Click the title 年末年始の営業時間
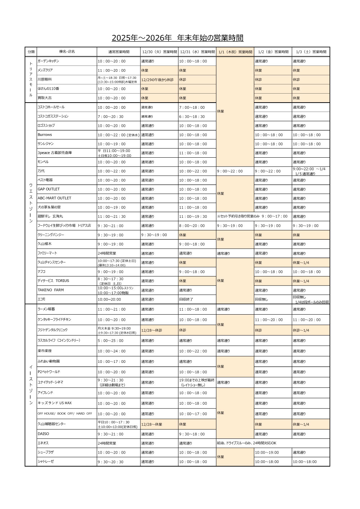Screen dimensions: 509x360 pos(211,38)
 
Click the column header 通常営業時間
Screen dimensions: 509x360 pos(119,52)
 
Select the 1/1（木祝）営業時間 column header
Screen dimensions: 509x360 pos(235,52)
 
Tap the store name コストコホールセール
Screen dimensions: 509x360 pos(51,107)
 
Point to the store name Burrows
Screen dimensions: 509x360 pos(45,135)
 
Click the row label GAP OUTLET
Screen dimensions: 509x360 pos(49,189)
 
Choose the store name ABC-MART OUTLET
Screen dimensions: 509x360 pos(54,198)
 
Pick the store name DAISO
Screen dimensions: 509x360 pos(44,434)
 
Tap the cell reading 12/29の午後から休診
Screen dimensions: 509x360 pos(158,80)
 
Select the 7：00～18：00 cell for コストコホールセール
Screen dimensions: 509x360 pos(192,108)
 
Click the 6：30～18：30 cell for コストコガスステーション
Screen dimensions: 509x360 pos(192,117)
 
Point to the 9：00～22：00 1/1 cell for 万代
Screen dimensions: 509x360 pos(230,171)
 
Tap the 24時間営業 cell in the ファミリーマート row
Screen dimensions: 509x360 pos(107,253)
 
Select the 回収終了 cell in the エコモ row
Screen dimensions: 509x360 pos(186,299)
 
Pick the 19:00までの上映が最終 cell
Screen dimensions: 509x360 pos(197,380)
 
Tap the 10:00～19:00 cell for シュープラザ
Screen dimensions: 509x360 pos(267,452)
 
